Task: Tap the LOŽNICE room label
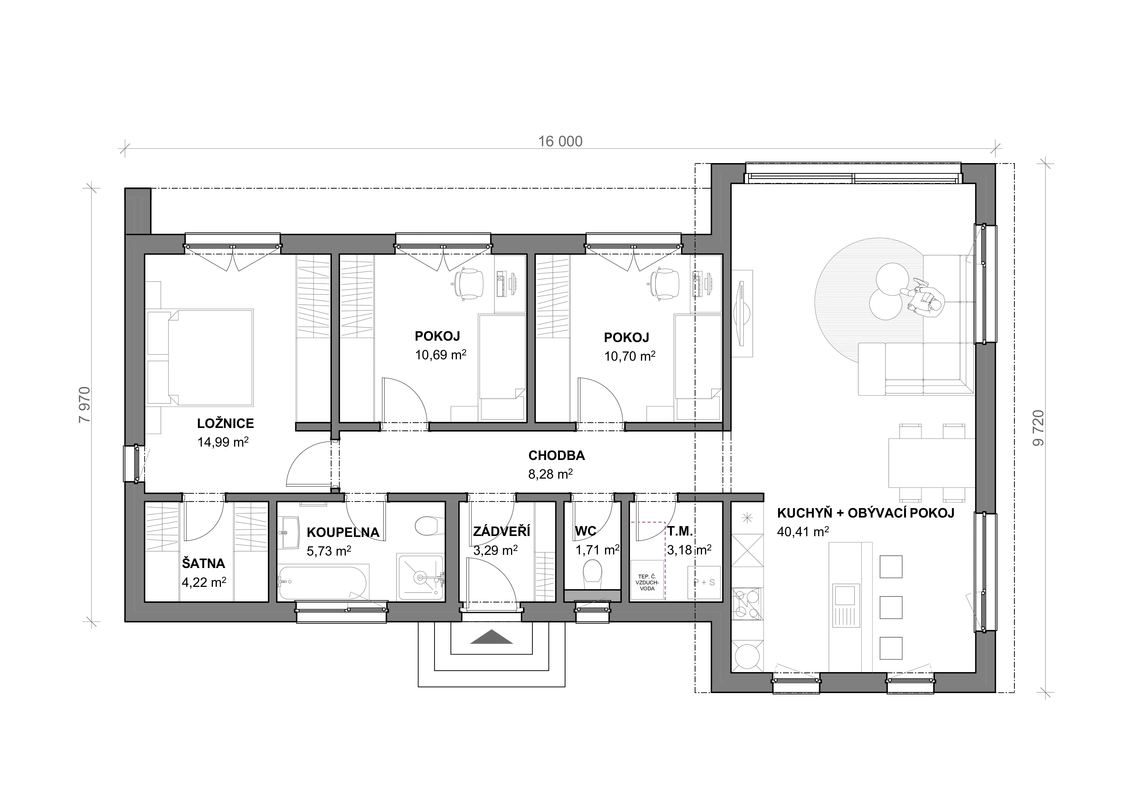point(226,423)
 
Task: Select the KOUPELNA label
point(343,532)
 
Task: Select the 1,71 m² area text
point(597,550)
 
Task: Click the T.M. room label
point(680,531)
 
